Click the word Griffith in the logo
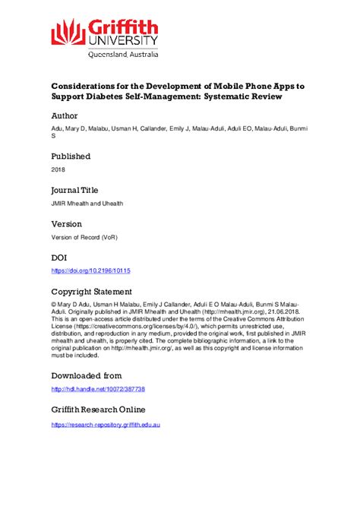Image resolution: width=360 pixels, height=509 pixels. tap(121, 27)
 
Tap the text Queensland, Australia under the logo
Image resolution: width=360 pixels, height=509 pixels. tap(121, 54)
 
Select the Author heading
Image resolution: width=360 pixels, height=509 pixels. tap(68, 117)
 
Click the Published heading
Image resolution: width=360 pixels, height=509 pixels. tap(71, 156)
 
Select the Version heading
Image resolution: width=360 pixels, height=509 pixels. tap(68, 224)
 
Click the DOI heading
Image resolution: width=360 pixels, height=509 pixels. tap(59, 258)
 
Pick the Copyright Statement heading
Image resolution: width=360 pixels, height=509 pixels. tap(91, 291)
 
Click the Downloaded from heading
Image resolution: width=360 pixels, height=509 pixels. tap(86, 375)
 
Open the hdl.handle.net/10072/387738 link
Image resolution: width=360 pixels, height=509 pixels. tap(97, 389)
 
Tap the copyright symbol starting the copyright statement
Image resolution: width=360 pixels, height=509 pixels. tap(54, 305)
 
